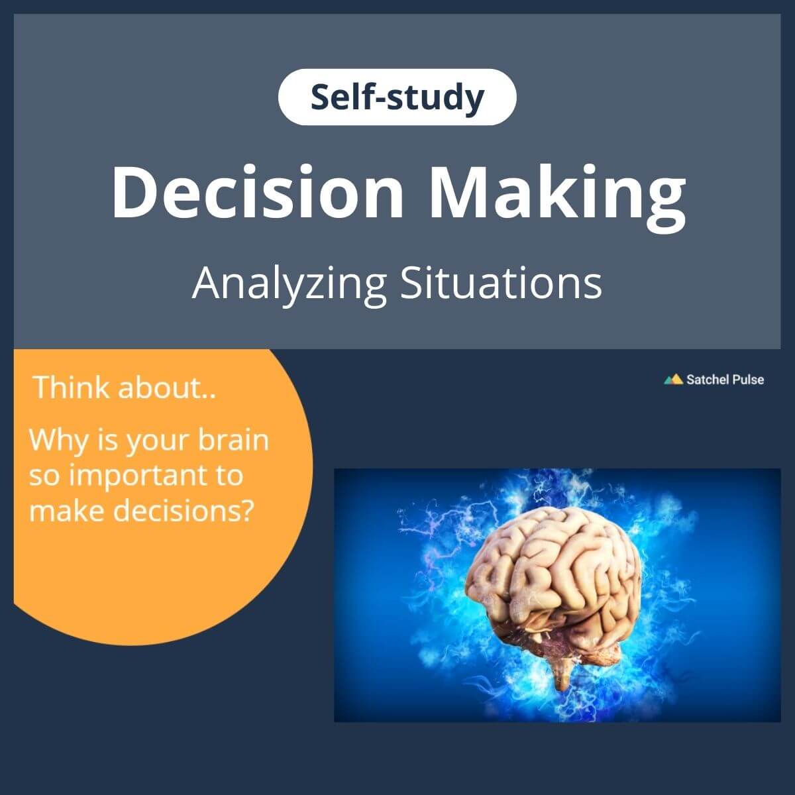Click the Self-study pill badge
pyautogui.click(x=397, y=97)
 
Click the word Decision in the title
pyautogui.click(x=258, y=193)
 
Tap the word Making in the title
pyautogui.click(x=557, y=198)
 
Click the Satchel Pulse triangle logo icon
pyautogui.click(x=673, y=379)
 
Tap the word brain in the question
pyautogui.click(x=233, y=440)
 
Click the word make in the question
pyautogui.click(x=66, y=511)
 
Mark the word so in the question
pyautogui.click(x=45, y=477)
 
